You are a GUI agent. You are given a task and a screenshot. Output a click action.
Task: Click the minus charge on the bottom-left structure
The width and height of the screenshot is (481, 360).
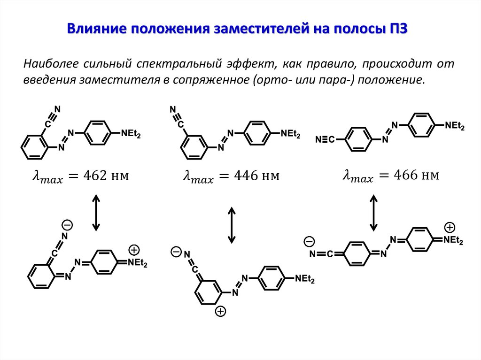[68, 224]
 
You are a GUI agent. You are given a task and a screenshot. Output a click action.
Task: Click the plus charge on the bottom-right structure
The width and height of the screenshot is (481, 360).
[450, 228]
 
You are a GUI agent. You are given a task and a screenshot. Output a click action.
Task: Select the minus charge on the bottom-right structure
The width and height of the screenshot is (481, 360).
[309, 242]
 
